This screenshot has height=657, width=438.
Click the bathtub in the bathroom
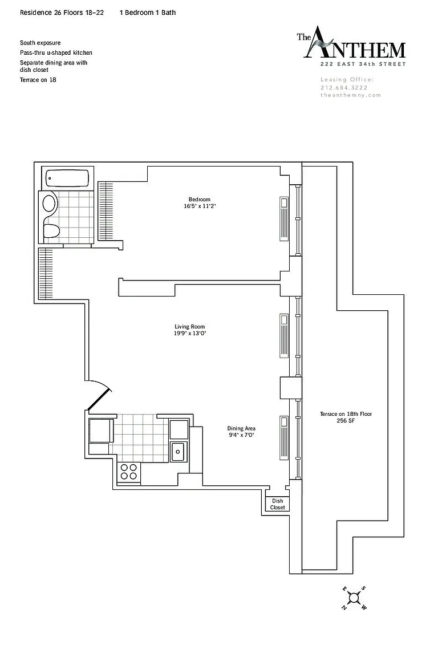pyautogui.click(x=67, y=179)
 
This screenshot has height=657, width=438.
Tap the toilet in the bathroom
pyautogui.click(x=51, y=230)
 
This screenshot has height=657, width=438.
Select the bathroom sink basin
pyautogui.click(x=49, y=204)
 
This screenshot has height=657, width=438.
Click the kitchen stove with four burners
pyautogui.click(x=129, y=472)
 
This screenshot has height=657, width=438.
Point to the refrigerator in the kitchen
pyautogui.click(x=102, y=431)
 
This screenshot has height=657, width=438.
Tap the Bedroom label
pyautogui.click(x=199, y=200)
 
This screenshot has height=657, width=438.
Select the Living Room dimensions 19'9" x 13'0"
pyautogui.click(x=190, y=334)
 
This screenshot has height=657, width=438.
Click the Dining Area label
pyautogui.click(x=241, y=428)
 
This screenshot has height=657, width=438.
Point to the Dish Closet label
pyautogui.click(x=278, y=504)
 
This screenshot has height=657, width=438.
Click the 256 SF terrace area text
pyautogui.click(x=346, y=421)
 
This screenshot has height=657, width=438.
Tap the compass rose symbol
pyautogui.click(x=354, y=598)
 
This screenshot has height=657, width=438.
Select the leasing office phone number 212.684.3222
pyautogui.click(x=344, y=88)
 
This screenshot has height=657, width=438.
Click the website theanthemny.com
pyautogui.click(x=350, y=95)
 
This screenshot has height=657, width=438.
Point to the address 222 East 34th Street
pyautogui.click(x=363, y=64)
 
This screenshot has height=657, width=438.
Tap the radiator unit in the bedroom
pyautogui.click(x=284, y=219)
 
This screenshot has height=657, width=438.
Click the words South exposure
pyautogui.click(x=40, y=43)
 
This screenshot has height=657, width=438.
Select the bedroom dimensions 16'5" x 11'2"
pyautogui.click(x=200, y=206)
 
